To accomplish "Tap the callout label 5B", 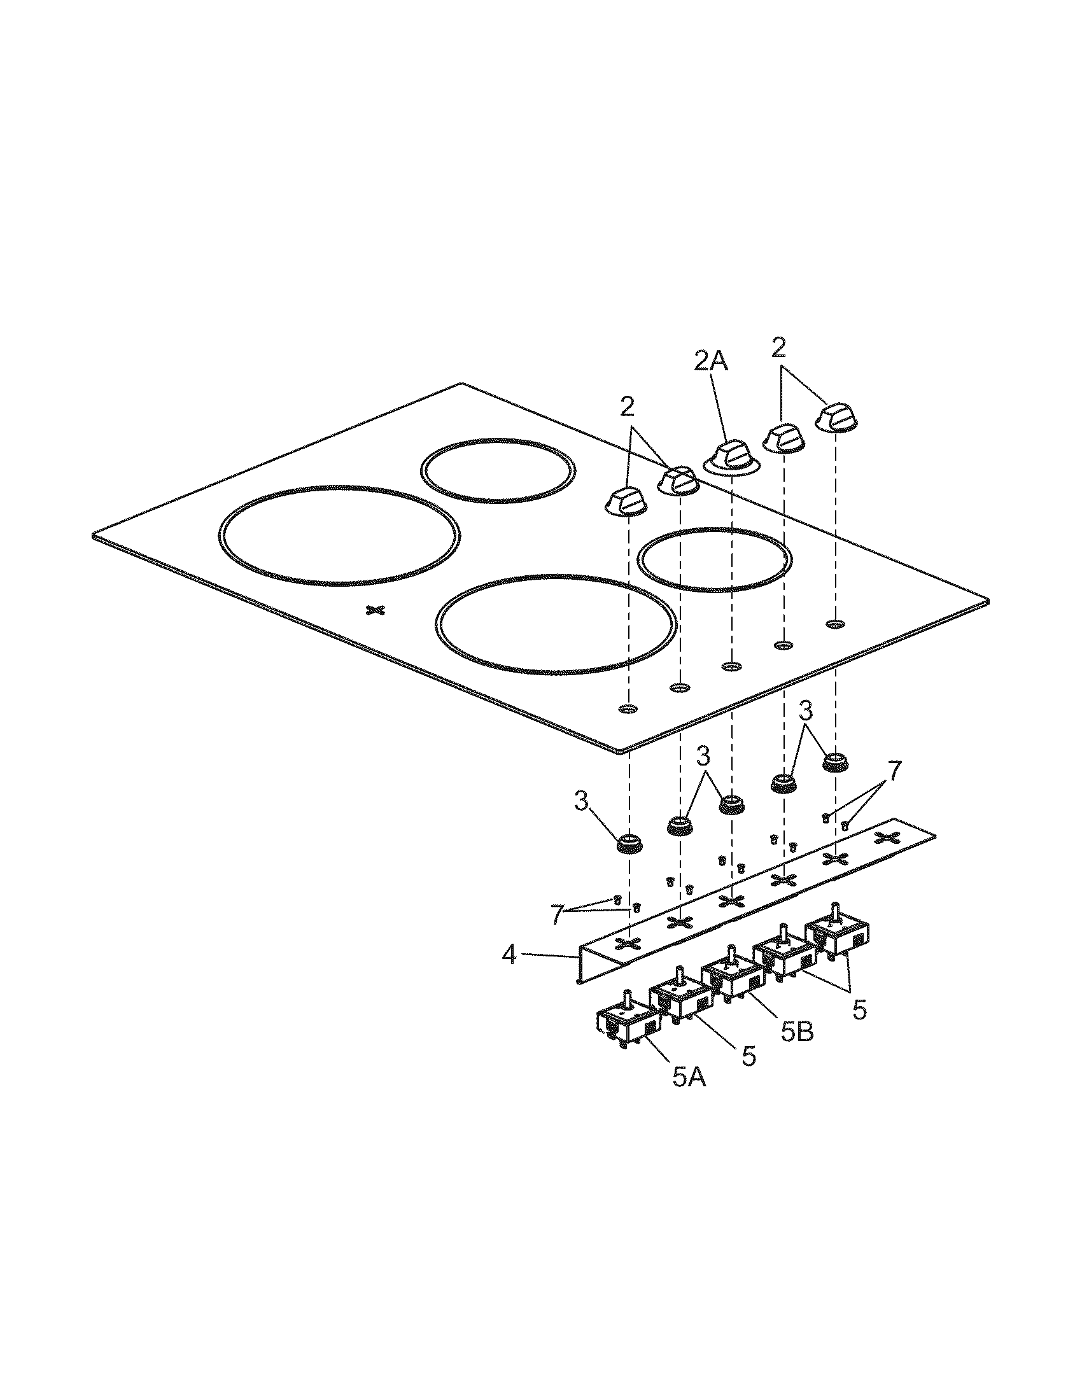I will (x=797, y=1032).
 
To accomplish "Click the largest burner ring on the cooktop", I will (x=339, y=535).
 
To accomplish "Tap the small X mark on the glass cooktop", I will (x=373, y=610).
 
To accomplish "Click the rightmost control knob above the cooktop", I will (x=836, y=417).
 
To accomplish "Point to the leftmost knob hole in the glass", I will (x=628, y=709).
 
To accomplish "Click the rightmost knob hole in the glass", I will (x=834, y=623).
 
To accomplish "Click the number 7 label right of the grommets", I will (x=894, y=769).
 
